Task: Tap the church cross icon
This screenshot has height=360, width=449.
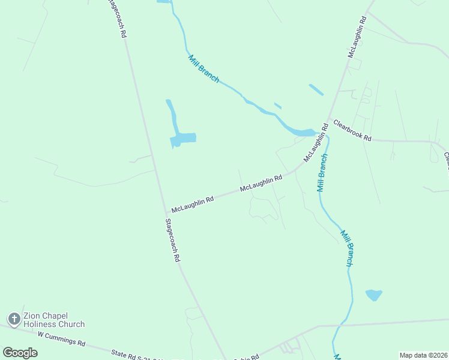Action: pyautogui.click(x=14, y=319)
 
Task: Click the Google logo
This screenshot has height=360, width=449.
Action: pyautogui.click(x=20, y=353)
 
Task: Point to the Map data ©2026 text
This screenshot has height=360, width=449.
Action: pyautogui.click(x=423, y=355)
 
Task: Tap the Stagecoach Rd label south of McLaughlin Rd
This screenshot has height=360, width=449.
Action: pyautogui.click(x=172, y=240)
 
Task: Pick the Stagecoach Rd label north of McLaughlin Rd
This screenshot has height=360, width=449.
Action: pyautogui.click(x=116, y=18)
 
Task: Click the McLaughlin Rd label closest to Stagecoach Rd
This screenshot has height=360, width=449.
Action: pyautogui.click(x=193, y=205)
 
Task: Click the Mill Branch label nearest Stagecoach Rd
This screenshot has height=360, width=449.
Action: pyautogui.click(x=204, y=68)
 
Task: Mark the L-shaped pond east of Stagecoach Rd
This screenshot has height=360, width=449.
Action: pyautogui.click(x=180, y=135)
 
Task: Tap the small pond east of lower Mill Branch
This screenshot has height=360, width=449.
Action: pyautogui.click(x=373, y=295)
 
